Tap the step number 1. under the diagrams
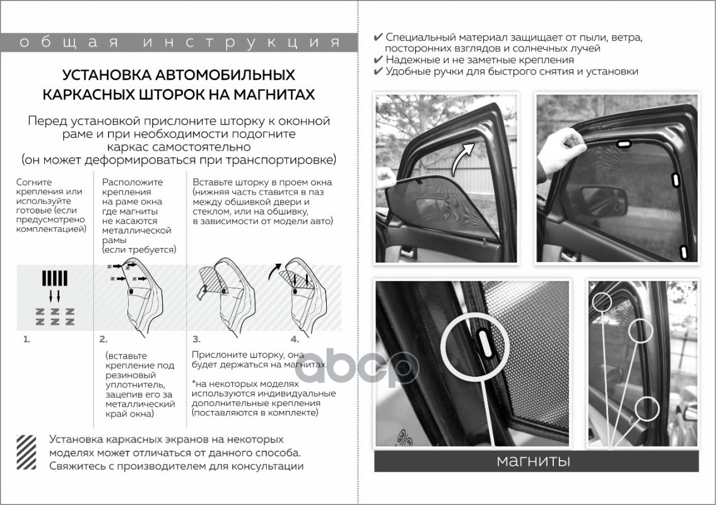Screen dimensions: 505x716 click(x=26, y=339)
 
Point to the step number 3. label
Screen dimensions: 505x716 click(x=196, y=339)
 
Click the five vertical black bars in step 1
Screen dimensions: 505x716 click(x=54, y=278)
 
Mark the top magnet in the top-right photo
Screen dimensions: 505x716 click(x=624, y=145)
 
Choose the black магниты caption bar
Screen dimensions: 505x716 click(x=536, y=461)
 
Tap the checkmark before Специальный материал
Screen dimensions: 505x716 click(x=378, y=37)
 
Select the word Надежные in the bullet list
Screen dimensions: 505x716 click(x=410, y=60)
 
